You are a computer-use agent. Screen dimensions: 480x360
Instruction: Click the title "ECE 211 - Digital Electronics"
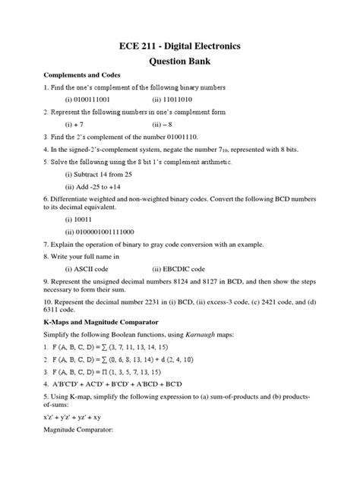click(180, 46)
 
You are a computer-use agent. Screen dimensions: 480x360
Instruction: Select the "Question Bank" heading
click(180, 64)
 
